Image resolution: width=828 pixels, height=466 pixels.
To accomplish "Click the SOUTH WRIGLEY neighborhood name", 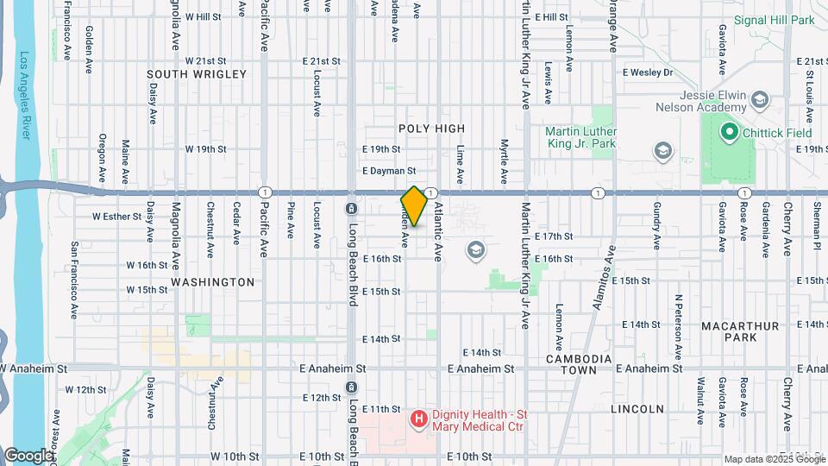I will [197, 75].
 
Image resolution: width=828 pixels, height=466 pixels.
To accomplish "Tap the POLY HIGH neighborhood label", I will [431, 128].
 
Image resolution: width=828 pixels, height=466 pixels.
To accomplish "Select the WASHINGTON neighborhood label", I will [213, 282].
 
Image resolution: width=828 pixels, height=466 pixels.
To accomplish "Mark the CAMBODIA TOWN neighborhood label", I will [579, 364].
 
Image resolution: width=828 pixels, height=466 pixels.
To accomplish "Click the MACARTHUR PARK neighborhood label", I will [740, 332].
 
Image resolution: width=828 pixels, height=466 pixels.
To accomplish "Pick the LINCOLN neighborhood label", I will [637, 409].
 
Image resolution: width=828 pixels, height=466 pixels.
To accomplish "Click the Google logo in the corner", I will [28, 455].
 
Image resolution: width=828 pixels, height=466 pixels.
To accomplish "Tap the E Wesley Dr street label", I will [647, 72].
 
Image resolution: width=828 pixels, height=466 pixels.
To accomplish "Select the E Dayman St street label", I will [389, 171].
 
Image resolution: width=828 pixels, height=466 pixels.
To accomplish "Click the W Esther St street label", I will [116, 216].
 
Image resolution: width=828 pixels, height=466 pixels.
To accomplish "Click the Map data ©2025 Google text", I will [774, 458].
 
